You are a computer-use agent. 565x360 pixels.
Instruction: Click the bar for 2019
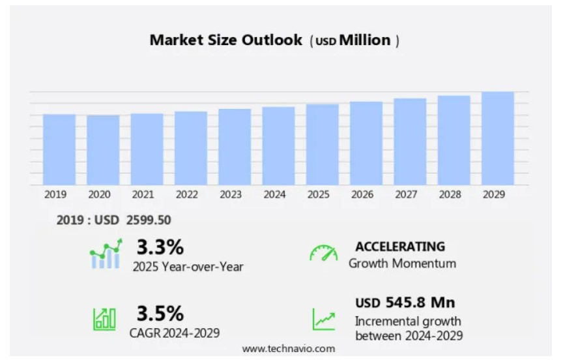click(59, 149)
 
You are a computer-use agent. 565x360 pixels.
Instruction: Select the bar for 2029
click(498, 138)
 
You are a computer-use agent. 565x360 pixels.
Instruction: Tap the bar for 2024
click(278, 145)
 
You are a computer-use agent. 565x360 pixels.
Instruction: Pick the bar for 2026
click(366, 143)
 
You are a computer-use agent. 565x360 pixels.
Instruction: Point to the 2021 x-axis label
click(143, 194)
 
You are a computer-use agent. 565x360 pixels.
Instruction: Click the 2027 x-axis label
click(410, 194)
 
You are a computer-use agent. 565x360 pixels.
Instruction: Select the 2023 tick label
click(231, 194)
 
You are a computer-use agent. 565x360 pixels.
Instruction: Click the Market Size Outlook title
click(226, 40)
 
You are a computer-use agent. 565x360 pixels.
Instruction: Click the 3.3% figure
click(160, 247)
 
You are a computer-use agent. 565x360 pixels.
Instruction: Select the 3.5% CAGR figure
click(160, 314)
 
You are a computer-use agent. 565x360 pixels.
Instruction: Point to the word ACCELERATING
click(400, 247)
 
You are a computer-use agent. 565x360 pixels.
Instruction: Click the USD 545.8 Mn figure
click(405, 303)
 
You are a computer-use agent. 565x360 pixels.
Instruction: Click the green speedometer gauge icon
click(323, 254)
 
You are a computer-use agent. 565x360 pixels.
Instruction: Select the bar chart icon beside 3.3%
click(106, 254)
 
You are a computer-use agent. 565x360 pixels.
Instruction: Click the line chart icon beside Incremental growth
click(323, 319)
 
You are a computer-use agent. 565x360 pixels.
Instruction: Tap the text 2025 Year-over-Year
click(188, 266)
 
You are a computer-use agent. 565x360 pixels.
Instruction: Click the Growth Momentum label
click(402, 263)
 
